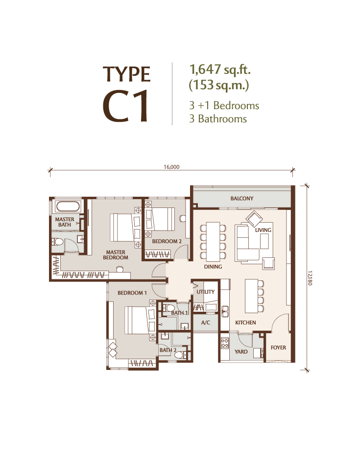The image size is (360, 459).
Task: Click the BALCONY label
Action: [241, 199]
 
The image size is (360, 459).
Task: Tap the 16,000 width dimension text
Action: [171, 167]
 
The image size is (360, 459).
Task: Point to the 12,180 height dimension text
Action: [310, 278]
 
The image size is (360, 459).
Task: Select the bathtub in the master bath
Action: [68, 206]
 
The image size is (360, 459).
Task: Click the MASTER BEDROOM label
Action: [116, 254]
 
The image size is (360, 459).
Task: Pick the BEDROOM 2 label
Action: [167, 242]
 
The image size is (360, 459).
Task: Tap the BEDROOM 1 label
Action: [132, 293]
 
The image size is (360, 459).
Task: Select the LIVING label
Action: [263, 230]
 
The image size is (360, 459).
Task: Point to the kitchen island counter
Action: [251, 296]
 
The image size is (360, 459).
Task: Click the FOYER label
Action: [278, 347]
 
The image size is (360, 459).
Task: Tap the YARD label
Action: [241, 351]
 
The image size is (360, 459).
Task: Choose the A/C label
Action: [206, 322]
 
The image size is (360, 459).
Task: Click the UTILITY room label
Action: [205, 292]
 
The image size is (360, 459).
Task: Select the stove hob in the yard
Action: [225, 343]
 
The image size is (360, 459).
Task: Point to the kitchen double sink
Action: [225, 311]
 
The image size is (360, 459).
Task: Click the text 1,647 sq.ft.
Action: [220, 69]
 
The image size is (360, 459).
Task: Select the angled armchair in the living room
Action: [254, 219]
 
